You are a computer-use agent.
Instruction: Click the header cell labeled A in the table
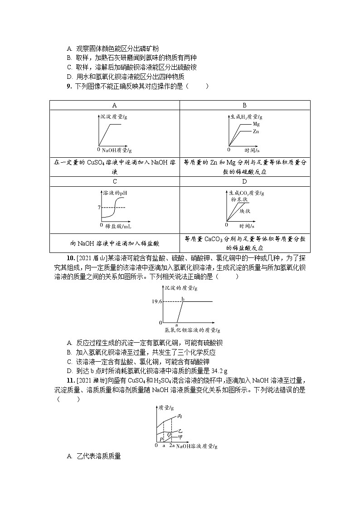coord(115,105)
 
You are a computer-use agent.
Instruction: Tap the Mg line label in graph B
coord(256,124)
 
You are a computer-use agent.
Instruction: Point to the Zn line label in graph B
coord(256,131)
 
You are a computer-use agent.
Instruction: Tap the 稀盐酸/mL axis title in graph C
coord(121,225)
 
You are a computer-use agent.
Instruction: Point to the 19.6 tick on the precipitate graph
coord(157,301)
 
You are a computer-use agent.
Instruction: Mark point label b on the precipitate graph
coord(183,298)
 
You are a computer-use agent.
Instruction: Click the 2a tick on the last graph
coord(172,446)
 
